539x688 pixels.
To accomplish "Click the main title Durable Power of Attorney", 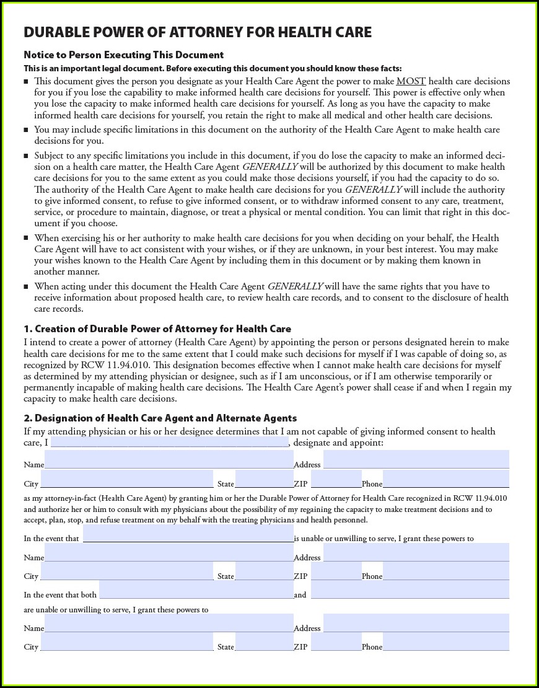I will click(198, 33).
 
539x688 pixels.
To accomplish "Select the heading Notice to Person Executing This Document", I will click(123, 55).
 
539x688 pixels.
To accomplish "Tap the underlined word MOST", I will click(411, 81).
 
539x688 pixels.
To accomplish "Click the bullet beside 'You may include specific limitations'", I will click(26, 130).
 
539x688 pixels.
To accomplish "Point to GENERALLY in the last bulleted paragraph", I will click(295, 286).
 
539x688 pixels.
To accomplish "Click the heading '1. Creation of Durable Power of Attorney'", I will click(157, 329).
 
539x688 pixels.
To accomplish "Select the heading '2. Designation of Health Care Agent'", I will click(160, 418).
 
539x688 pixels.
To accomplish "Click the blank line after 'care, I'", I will click(169, 443).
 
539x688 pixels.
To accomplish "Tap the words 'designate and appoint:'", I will click(338, 443).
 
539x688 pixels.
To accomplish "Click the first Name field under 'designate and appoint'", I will click(169, 460).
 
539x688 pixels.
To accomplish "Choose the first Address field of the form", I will click(416, 460).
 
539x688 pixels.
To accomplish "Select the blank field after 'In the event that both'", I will click(196, 590).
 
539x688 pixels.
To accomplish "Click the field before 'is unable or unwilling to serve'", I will click(188, 534).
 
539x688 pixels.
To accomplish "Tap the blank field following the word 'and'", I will click(410, 590).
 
